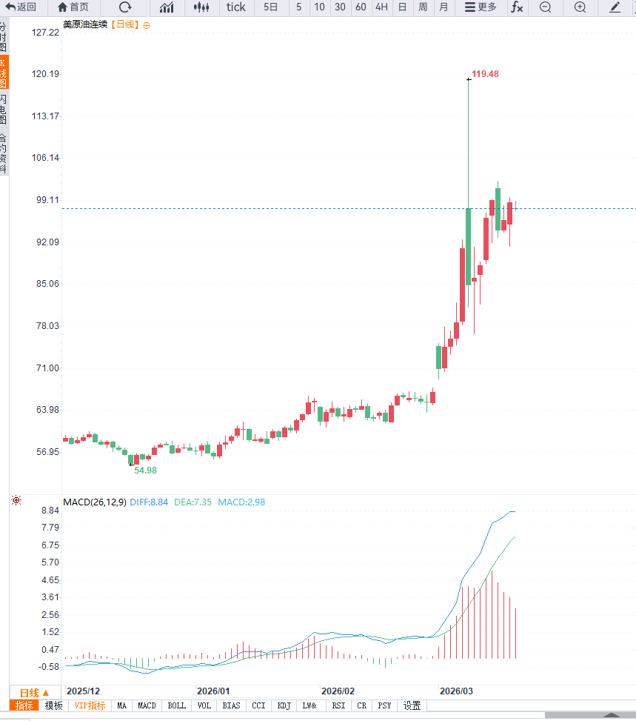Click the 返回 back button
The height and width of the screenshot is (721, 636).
click(x=21, y=7)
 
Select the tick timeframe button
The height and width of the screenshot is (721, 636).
click(x=235, y=7)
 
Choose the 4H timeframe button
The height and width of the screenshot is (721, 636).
click(x=381, y=7)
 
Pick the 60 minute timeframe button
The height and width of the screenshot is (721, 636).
click(x=361, y=7)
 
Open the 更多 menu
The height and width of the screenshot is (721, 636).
click(x=481, y=7)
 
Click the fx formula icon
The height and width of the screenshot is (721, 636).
click(x=516, y=7)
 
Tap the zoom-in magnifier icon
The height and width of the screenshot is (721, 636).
click(x=580, y=7)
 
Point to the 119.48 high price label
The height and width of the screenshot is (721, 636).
click(x=485, y=74)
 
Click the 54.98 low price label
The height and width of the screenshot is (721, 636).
click(x=145, y=471)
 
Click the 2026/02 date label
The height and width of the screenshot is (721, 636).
click(x=338, y=691)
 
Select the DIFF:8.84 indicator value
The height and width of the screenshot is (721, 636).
click(x=149, y=502)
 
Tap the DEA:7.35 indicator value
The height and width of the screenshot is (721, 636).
click(x=193, y=502)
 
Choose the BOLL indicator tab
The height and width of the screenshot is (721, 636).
click(x=176, y=706)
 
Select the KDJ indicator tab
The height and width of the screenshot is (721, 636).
click(x=284, y=706)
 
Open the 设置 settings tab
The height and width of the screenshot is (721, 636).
click(x=412, y=706)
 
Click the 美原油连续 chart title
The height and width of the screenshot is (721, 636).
click(x=85, y=24)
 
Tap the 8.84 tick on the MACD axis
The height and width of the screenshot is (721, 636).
click(x=50, y=511)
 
